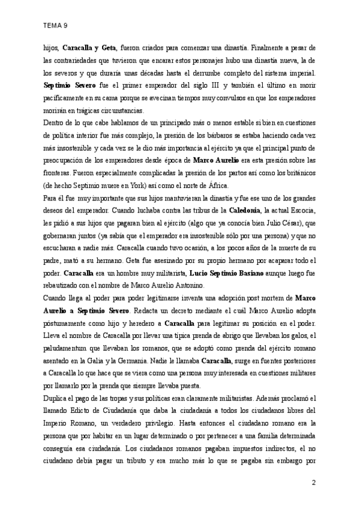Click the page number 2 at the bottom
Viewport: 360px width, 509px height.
[x=313, y=482]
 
